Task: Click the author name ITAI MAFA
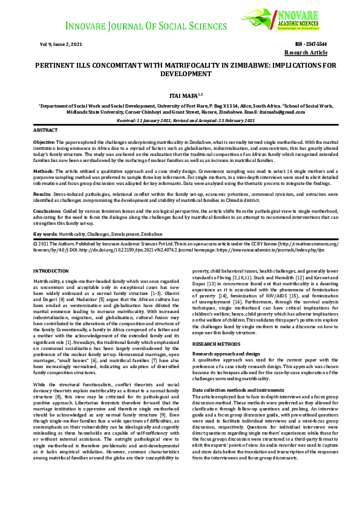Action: (180, 96)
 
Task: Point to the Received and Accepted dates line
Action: (180, 121)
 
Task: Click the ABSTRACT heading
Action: (45, 130)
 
